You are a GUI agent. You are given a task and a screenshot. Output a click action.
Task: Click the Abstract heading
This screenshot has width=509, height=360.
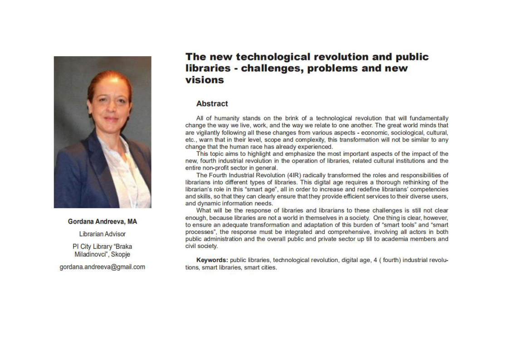pyautogui.click(x=212, y=104)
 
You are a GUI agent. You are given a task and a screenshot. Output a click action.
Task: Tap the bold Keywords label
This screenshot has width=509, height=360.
pyautogui.click(x=212, y=260)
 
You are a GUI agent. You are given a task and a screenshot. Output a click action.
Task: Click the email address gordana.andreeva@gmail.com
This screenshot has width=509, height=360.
pyautogui.click(x=103, y=267)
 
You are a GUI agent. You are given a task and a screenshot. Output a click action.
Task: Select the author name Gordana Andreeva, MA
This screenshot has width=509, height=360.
pyautogui.click(x=103, y=222)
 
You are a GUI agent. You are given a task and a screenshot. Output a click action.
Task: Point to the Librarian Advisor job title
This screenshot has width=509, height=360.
pyautogui.click(x=103, y=234)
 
